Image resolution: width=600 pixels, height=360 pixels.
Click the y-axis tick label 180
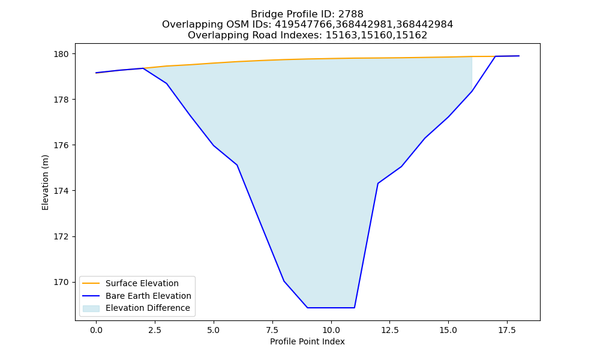tap(62, 54)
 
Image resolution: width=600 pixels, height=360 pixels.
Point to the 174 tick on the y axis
tap(62, 191)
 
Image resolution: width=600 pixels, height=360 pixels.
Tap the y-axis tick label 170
tap(62, 283)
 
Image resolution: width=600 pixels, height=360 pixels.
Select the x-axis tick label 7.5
tap(272, 330)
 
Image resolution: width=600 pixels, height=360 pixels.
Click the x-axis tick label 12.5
tap(389, 330)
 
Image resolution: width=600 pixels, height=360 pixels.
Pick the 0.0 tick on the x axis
tap(96, 330)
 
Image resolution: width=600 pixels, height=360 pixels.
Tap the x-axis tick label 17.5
tap(507, 330)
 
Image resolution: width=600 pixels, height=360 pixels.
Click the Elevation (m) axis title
tap(45, 182)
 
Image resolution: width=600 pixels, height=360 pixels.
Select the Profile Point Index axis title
tap(307, 341)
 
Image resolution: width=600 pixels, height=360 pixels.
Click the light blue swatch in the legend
tap(91, 308)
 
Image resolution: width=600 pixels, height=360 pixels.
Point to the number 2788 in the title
tap(351, 14)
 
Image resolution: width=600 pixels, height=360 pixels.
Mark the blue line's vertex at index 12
tap(378, 184)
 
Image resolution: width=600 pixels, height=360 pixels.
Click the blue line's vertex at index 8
tap(284, 281)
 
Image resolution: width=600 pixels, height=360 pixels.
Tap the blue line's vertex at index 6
tap(237, 165)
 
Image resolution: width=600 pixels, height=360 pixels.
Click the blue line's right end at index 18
tap(519, 56)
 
